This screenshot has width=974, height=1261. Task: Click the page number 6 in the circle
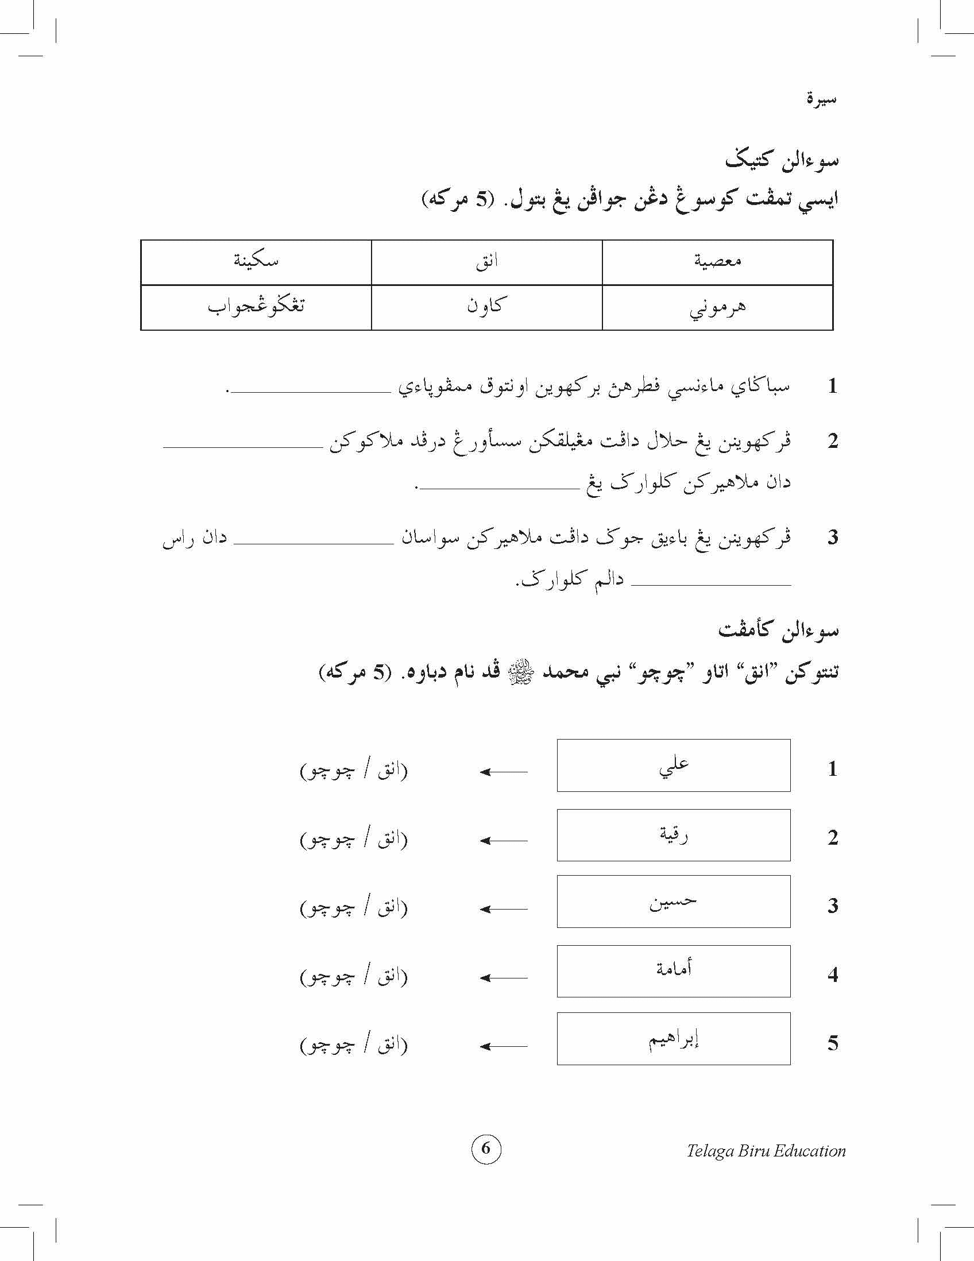tap(485, 1148)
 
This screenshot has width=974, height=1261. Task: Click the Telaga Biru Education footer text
tap(766, 1151)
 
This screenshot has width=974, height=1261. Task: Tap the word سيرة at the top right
tap(821, 99)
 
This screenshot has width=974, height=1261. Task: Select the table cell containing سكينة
tap(256, 262)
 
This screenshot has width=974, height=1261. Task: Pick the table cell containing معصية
tap(717, 262)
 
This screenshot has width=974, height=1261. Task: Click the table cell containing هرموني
tap(717, 307)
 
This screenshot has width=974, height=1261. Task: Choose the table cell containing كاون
tap(486, 307)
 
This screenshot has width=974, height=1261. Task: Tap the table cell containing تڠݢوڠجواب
tap(256, 307)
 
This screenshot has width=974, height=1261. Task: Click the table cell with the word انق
tap(486, 262)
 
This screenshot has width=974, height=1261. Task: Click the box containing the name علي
tap(673, 765)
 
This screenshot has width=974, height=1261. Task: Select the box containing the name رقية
tap(673, 835)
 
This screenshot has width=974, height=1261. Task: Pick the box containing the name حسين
tap(673, 902)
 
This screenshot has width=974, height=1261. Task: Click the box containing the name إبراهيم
tap(673, 1038)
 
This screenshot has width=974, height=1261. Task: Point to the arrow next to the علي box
tap(504, 772)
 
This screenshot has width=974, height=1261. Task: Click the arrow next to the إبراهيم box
tap(504, 1046)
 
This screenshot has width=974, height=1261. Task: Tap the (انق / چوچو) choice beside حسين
tap(353, 908)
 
